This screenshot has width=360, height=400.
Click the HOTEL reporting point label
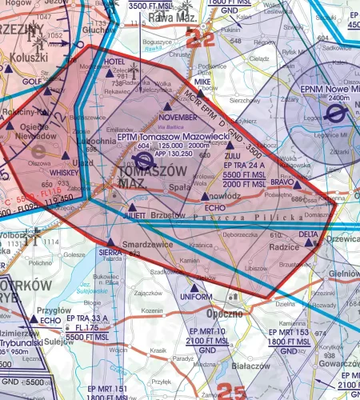[x=115, y=62]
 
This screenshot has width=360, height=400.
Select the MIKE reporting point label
[x=202, y=82]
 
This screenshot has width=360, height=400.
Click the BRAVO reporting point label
[x=283, y=182]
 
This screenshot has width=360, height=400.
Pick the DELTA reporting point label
[x=308, y=234]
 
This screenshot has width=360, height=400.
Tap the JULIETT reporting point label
[x=134, y=215]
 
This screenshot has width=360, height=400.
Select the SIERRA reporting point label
[x=110, y=251]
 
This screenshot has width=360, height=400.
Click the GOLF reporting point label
[x=31, y=81]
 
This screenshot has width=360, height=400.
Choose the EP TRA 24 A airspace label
[x=243, y=165]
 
